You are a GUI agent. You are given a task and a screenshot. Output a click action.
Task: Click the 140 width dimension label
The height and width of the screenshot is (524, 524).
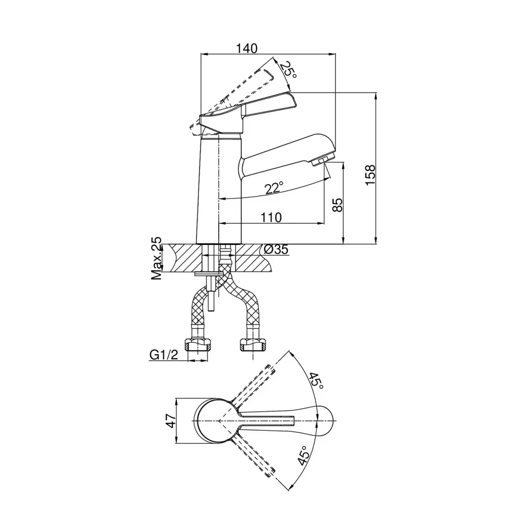point(247,48)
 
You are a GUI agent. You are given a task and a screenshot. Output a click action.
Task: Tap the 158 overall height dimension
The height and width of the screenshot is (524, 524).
point(370,175)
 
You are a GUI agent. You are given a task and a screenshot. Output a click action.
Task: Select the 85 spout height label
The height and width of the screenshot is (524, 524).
point(338,205)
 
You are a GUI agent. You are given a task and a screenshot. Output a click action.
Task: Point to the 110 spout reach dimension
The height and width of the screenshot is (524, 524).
point(271,217)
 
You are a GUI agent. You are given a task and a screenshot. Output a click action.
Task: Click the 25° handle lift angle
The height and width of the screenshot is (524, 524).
point(288,71)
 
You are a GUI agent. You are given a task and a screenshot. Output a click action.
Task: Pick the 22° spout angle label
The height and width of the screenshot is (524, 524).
point(274,188)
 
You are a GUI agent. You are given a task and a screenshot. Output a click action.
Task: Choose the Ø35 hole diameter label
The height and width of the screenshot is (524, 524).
point(276,249)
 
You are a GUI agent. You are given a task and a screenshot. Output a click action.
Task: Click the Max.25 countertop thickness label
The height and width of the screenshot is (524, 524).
point(156,258)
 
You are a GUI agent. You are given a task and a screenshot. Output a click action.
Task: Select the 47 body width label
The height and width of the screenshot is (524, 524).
point(171,421)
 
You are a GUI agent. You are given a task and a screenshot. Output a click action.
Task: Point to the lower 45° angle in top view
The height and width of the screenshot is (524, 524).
point(302,455)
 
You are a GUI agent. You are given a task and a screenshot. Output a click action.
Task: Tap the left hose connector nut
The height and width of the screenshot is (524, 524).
point(199,345)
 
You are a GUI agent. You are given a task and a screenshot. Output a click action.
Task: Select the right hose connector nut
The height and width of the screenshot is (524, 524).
point(252,345)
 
